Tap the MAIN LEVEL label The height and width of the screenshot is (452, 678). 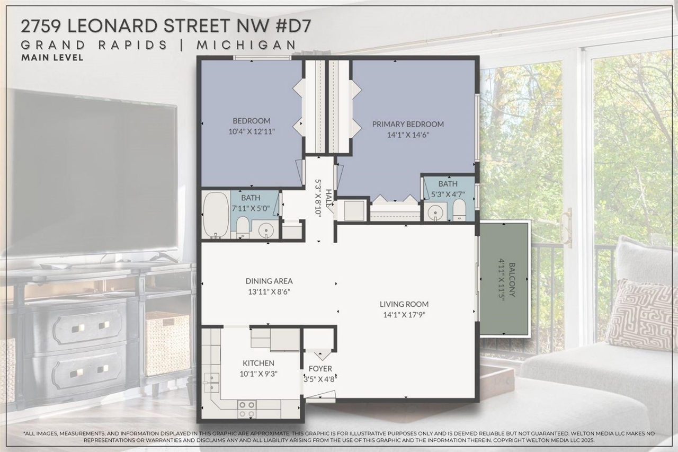tap(52, 58)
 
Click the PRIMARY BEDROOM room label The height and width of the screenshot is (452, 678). tap(407, 124)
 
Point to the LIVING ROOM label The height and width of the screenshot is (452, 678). tap(404, 304)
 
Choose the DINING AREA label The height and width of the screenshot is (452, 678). tap(269, 281)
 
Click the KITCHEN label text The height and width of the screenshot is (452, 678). tap(258, 363)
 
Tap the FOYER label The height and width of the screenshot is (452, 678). tap(320, 369)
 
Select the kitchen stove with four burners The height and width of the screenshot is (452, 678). tap(246, 409)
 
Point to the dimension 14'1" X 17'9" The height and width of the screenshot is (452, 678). tap(404, 314)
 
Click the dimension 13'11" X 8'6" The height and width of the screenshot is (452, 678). tap(269, 291)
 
